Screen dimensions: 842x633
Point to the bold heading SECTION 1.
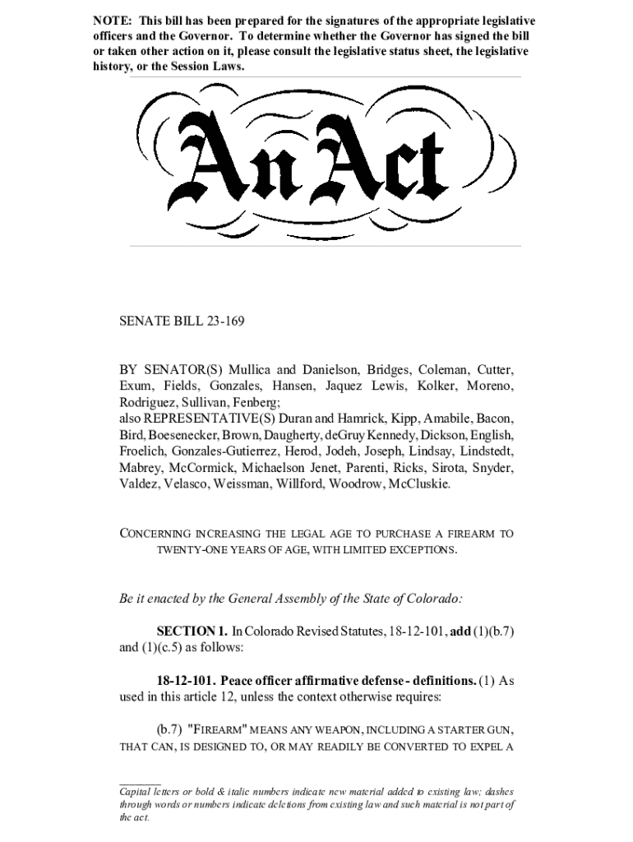pos(192,631)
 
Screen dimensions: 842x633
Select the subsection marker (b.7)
pos(170,729)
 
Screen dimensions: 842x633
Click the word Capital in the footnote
pos(136,792)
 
